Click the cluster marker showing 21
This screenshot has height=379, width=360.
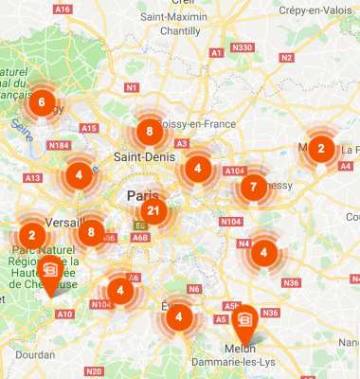[153, 211]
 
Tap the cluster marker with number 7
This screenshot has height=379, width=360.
[253, 186]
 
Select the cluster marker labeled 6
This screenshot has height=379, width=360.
[42, 101]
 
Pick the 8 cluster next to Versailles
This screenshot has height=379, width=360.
[91, 231]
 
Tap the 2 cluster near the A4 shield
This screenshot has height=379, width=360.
[320, 148]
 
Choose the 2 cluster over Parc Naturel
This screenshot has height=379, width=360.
[32, 235]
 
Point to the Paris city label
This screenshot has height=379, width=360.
[136, 196]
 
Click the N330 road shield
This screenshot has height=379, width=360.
[243, 46]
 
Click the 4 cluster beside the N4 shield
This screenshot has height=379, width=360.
[264, 251]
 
